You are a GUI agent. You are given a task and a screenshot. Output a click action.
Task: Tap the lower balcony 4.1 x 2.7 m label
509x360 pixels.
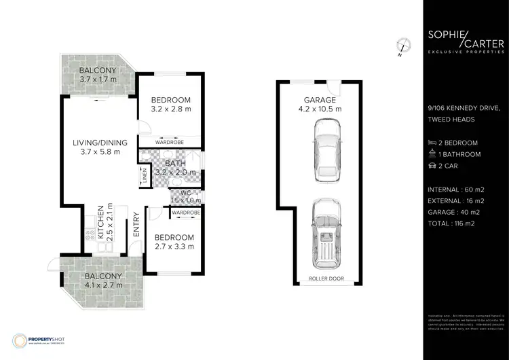[x=104, y=281]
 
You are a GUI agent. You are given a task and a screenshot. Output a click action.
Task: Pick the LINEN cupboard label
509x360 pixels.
[x=145, y=176]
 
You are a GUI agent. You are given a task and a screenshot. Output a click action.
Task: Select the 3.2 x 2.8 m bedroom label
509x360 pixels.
[x=171, y=104]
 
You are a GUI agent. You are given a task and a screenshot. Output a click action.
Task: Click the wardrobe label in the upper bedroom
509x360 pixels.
[x=170, y=143]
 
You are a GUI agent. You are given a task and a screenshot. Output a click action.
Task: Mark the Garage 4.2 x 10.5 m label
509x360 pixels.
[x=320, y=104]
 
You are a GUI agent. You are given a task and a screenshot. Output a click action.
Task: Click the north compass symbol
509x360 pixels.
[x=404, y=46]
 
